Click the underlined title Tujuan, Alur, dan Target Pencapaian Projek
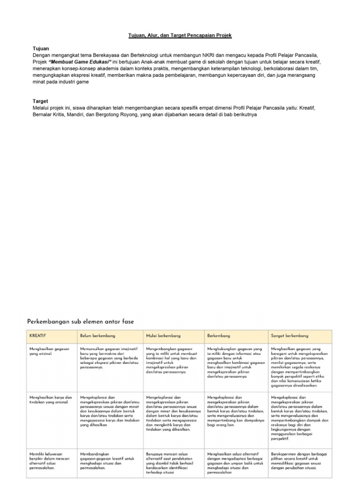(x=180, y=35)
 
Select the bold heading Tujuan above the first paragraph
(x=40, y=48)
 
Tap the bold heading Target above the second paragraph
(x=40, y=101)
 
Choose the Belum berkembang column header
(x=97, y=336)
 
